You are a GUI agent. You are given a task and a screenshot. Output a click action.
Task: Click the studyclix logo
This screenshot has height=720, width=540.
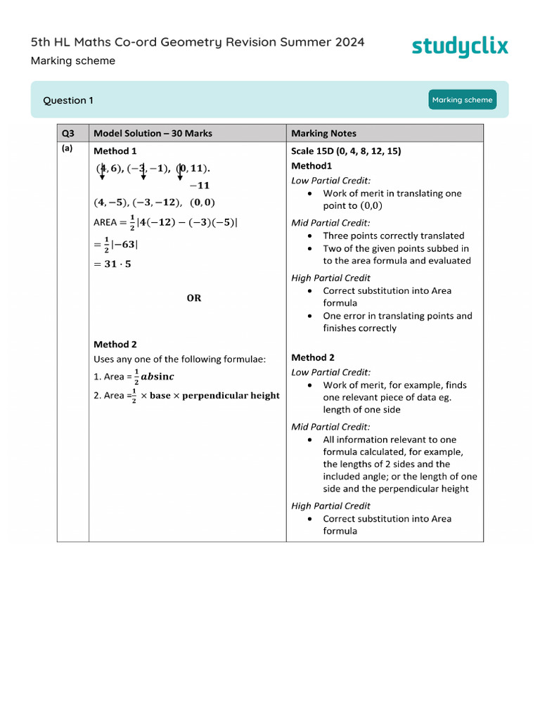coord(459,46)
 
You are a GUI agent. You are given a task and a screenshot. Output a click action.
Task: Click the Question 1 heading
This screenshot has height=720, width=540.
coord(68,101)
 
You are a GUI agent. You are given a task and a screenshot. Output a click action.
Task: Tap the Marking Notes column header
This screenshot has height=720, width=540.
coord(323,134)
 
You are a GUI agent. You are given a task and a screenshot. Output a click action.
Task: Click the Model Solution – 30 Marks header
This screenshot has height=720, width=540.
coord(153,134)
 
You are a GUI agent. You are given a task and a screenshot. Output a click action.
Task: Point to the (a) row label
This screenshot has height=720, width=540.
coord(67,148)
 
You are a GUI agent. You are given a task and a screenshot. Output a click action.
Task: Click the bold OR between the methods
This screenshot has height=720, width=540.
coord(194,298)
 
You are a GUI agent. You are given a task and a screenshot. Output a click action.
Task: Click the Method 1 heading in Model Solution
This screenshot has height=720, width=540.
coord(115,151)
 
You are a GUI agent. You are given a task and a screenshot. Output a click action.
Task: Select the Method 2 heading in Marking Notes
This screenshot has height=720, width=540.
coord(313,357)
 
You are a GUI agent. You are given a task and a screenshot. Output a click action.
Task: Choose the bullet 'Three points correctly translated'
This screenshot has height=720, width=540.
coord(393,236)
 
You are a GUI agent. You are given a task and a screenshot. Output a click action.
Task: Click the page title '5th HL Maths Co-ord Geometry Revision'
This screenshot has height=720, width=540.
coord(198,42)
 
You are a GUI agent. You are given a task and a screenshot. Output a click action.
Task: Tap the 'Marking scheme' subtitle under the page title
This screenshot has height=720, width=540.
coord(73,61)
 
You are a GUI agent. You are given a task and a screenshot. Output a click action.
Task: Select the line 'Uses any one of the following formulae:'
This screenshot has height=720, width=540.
coord(179,359)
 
